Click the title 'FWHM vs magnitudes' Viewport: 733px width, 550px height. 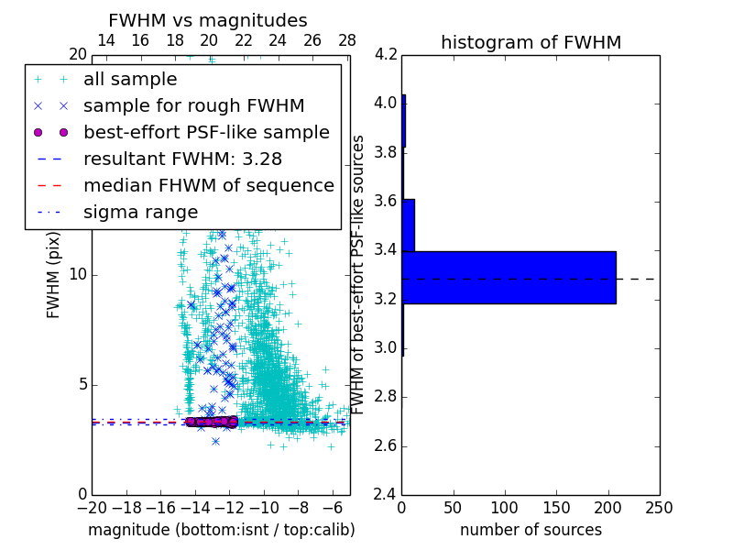click(208, 20)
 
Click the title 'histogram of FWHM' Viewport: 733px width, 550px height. click(531, 42)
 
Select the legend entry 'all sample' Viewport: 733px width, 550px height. click(130, 80)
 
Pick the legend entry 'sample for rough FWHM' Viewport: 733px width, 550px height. click(193, 106)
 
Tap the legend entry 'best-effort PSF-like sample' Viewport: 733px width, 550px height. click(206, 132)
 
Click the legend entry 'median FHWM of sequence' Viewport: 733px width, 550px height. click(208, 185)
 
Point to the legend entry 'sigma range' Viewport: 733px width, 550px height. click(140, 212)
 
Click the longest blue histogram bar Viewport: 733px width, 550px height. click(509, 277)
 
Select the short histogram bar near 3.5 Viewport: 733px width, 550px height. click(408, 225)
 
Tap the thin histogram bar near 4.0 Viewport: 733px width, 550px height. click(403, 121)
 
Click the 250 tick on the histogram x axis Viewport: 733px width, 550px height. click(659, 507)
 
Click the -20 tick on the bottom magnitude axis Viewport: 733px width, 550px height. click(92, 507)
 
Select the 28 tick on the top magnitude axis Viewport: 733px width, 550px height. click(347, 40)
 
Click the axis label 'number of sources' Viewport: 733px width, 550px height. click(531, 530)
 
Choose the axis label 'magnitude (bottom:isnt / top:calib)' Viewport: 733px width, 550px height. click(221, 530)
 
